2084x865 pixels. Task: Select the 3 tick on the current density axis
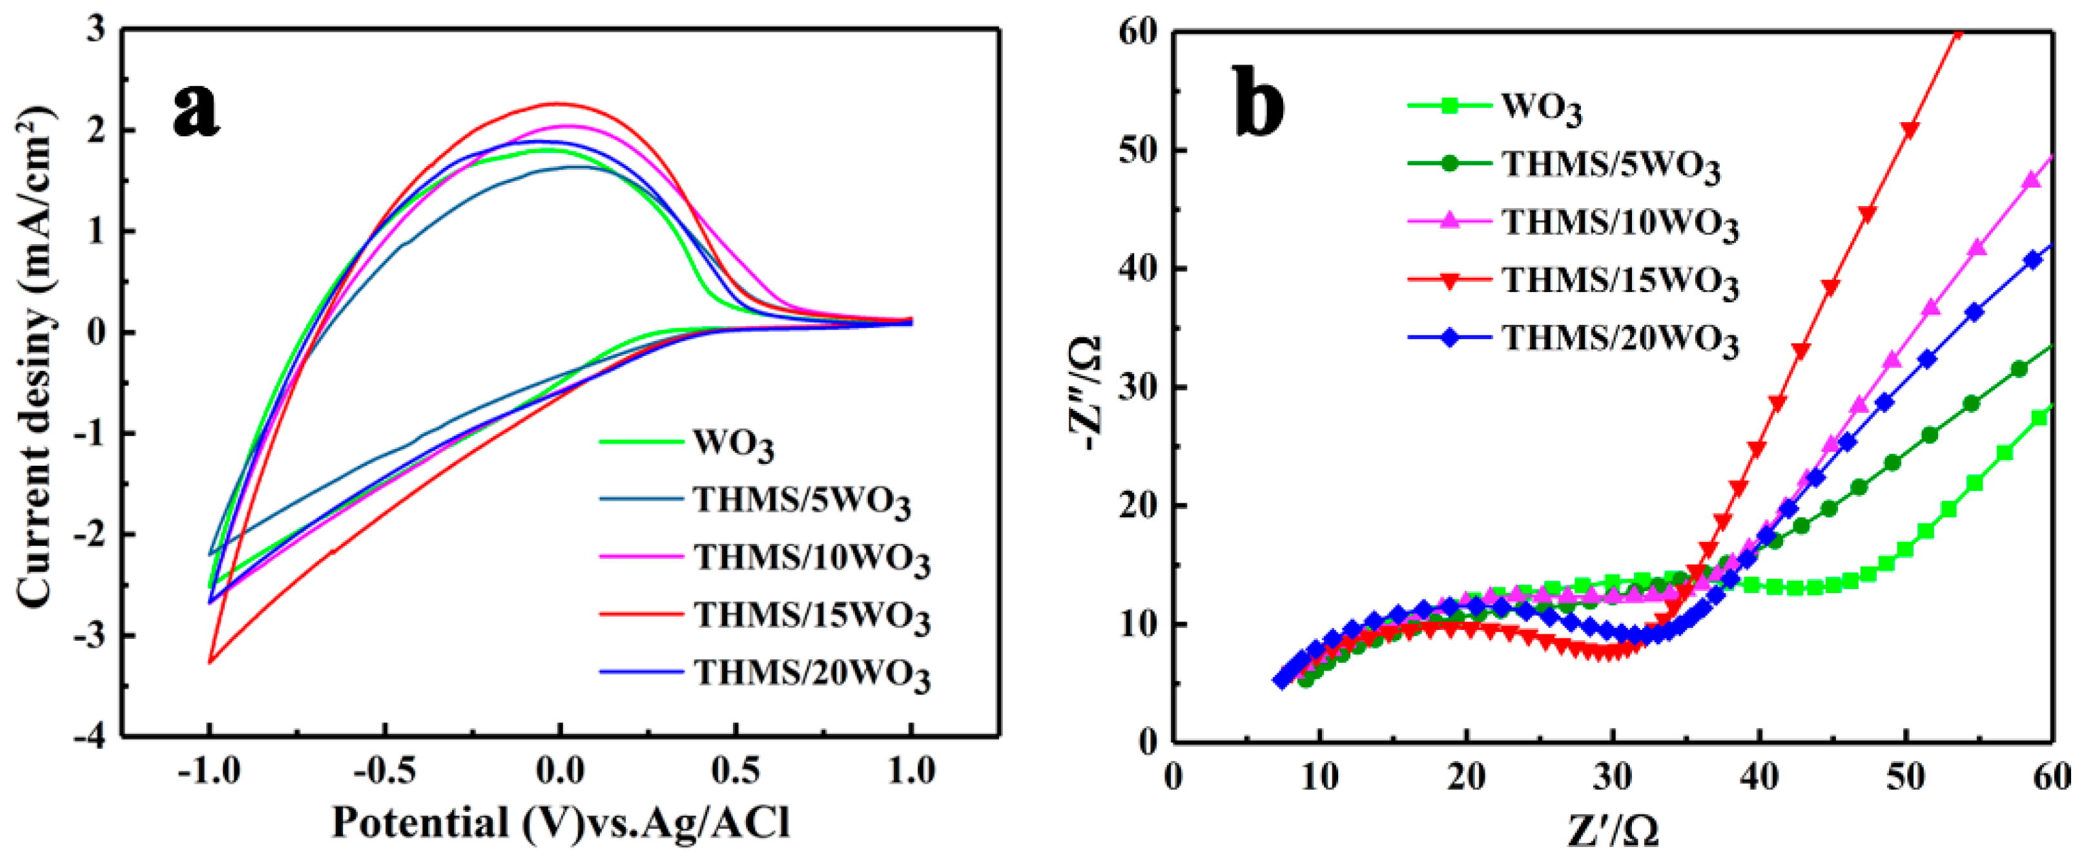96,30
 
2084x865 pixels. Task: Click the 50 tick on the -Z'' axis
1137,151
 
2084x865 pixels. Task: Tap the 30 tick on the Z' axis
1613,776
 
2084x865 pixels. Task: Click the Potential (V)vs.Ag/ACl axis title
561,824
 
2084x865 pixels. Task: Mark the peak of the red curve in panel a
557,103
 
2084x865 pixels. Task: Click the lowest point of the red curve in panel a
211,663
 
